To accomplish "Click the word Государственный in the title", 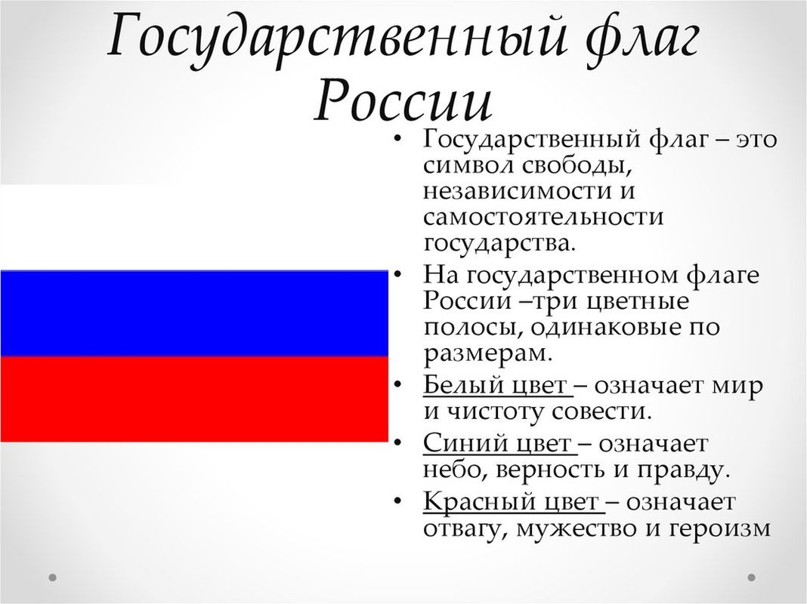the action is coord(337,39).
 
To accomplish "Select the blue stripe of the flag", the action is coord(194,313).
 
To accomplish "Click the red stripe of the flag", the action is coord(194,399).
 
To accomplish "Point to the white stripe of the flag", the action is coord(194,227).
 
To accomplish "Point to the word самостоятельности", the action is coord(543,217).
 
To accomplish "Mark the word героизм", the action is coord(719,529).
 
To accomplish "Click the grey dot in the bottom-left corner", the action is coord(52,578).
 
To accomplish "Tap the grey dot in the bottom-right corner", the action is coord(751,578).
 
